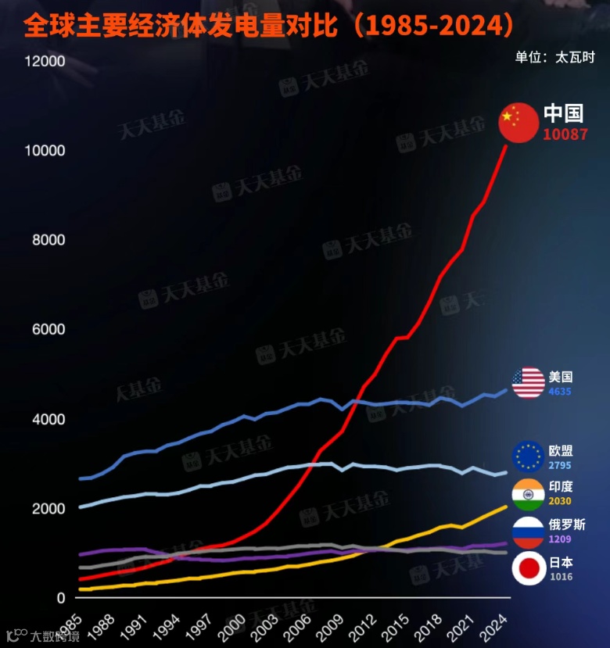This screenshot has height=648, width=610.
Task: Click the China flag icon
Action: [518, 123]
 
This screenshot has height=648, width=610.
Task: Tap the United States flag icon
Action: [528, 382]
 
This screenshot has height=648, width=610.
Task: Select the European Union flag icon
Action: [528, 456]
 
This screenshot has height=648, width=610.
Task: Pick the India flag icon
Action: [528, 493]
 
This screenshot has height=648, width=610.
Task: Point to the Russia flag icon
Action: [528, 532]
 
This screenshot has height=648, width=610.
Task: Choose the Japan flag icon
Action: [528, 568]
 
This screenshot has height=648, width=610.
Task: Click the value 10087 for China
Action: [565, 134]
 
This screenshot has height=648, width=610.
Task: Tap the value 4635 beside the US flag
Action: [560, 391]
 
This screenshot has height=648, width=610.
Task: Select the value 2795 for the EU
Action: [560, 465]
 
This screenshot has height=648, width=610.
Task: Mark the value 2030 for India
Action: [560, 501]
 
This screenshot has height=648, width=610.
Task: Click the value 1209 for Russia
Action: [560, 539]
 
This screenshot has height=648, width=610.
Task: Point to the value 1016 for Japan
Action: [560, 577]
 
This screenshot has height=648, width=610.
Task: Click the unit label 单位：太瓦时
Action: [554, 57]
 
